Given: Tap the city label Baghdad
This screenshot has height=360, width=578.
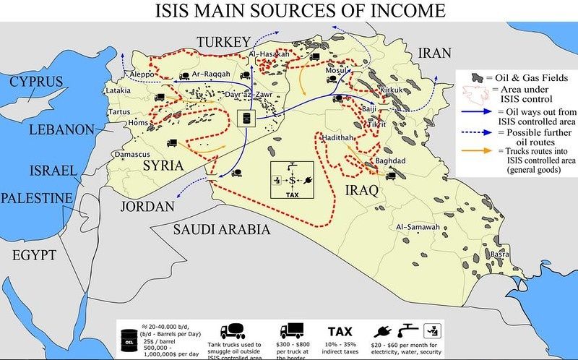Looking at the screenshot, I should pyautogui.click(x=391, y=160).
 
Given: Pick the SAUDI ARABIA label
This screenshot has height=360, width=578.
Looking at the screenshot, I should pyautogui.click(x=221, y=230).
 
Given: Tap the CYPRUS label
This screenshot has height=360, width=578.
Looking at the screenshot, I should pyautogui.click(x=35, y=81).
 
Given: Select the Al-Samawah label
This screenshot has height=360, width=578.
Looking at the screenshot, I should pyautogui.click(x=418, y=228).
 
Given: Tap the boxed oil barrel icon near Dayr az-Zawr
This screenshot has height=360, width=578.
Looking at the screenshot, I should pyautogui.click(x=248, y=118).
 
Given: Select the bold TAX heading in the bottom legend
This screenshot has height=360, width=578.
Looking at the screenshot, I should pyautogui.click(x=340, y=331).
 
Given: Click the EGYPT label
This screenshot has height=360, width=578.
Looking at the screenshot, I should pyautogui.click(x=35, y=254).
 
